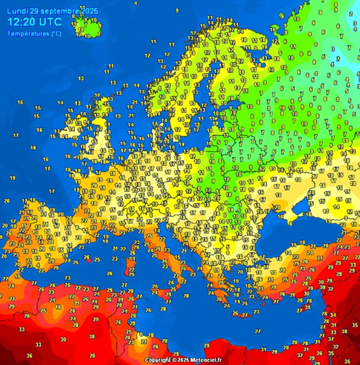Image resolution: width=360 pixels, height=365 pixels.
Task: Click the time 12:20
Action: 24,23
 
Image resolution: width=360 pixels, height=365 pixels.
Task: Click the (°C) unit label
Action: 56,34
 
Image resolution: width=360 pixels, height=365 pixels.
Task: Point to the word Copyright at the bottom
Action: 158,360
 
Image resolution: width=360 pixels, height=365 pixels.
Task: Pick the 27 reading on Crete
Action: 244,315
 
